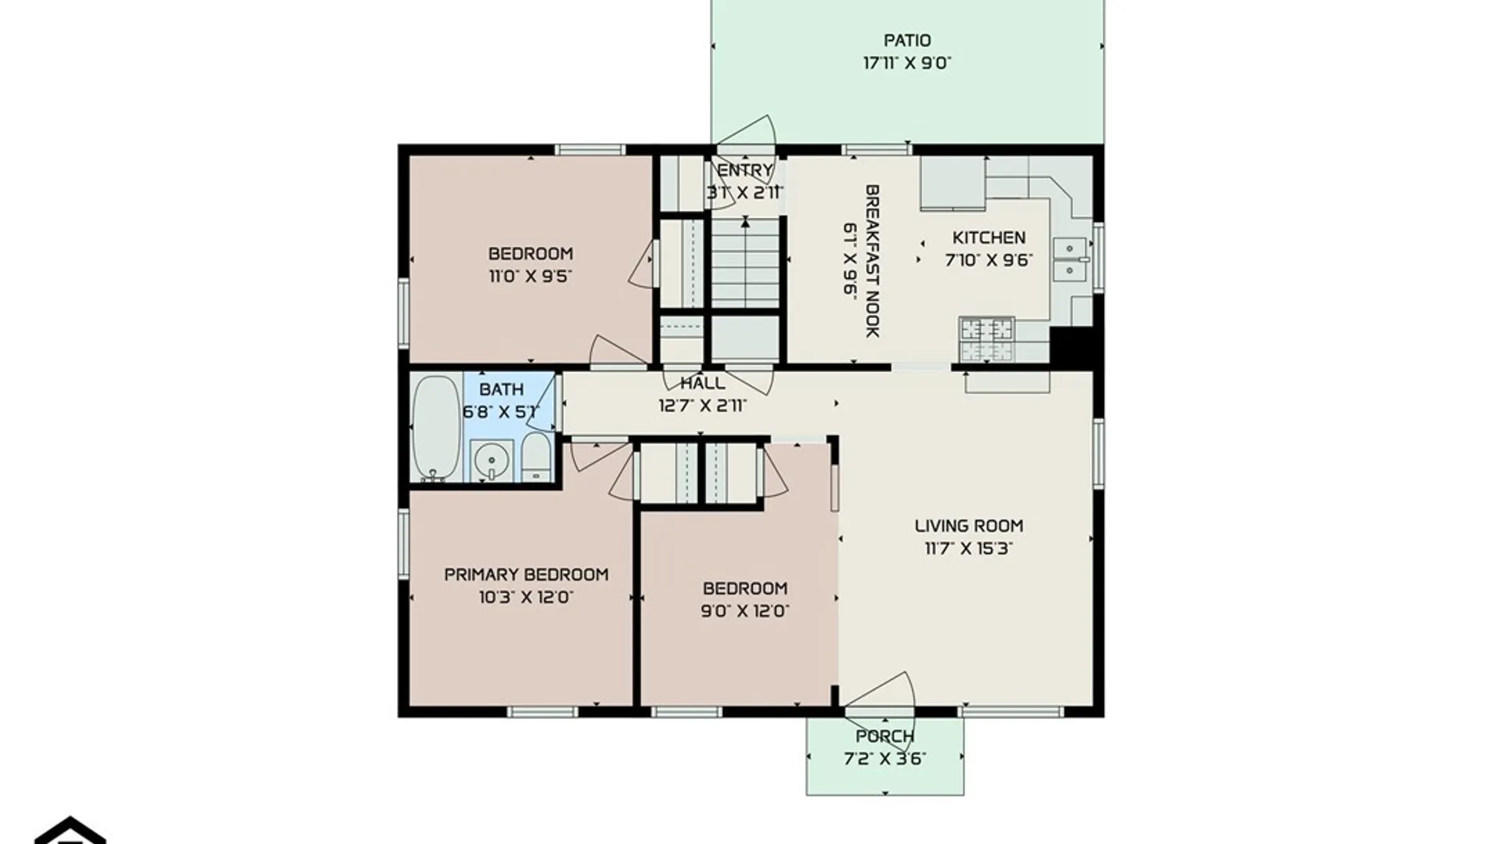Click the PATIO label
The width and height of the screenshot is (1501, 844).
(x=907, y=41)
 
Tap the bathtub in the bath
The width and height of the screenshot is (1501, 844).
(x=436, y=427)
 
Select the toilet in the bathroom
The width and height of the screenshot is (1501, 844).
(x=536, y=457)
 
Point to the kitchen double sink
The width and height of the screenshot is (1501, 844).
(x=1070, y=259)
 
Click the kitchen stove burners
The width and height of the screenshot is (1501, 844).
(x=987, y=339)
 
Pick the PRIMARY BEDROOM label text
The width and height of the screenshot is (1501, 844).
(x=526, y=574)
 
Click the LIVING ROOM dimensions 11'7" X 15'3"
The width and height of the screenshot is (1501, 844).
(x=969, y=549)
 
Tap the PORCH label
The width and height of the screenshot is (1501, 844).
(x=885, y=736)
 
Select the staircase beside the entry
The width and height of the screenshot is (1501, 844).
(x=745, y=263)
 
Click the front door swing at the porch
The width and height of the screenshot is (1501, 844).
(x=882, y=692)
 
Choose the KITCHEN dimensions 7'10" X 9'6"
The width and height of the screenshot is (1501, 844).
(x=989, y=260)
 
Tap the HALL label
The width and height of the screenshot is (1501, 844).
(x=703, y=383)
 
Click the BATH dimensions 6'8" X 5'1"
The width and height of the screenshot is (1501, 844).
(x=501, y=412)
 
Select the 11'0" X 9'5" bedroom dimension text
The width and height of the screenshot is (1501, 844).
(x=530, y=276)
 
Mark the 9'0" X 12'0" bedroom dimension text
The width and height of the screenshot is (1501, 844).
(x=745, y=610)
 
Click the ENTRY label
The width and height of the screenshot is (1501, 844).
(x=745, y=170)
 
